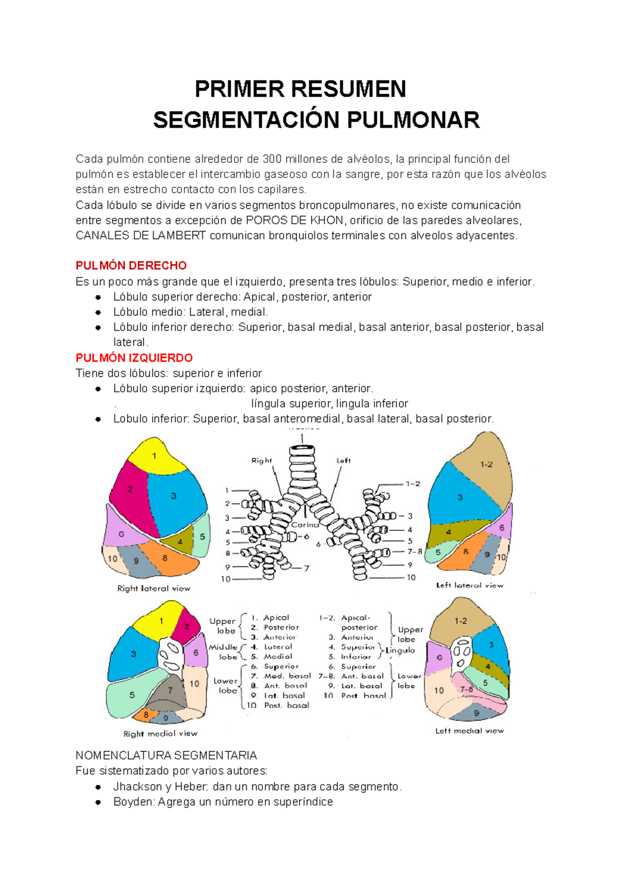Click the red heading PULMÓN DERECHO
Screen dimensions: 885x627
[131, 265]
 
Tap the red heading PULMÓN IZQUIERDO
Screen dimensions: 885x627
[134, 358]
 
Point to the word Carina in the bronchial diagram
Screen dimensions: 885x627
[305, 525]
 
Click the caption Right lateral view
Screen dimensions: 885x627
[154, 588]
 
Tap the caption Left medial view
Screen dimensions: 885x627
[469, 730]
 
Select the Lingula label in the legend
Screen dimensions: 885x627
[400, 650]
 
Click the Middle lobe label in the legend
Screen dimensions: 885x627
[225, 651]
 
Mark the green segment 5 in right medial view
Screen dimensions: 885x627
[132, 695]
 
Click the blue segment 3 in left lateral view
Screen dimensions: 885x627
[460, 497]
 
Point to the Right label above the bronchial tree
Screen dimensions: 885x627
[261, 460]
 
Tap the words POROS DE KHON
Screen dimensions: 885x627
[294, 220]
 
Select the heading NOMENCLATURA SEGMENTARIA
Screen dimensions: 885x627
[166, 755]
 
